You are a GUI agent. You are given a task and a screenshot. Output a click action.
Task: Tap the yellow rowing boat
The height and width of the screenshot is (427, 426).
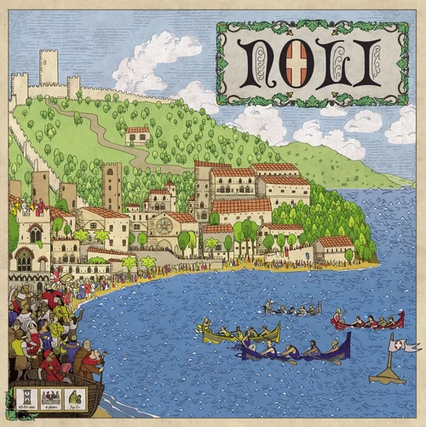tap(239, 336)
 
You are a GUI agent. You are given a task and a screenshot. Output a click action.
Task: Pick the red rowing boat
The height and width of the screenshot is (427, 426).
tap(366, 323)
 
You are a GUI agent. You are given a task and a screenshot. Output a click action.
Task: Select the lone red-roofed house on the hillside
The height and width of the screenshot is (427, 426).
tap(137, 136)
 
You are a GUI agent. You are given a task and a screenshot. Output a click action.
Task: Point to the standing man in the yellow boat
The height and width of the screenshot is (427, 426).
tap(205, 326)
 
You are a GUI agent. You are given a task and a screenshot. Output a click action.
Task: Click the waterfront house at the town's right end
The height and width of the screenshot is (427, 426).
tap(333, 248)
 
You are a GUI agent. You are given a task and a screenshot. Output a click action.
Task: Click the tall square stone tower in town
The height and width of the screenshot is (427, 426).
tap(112, 187)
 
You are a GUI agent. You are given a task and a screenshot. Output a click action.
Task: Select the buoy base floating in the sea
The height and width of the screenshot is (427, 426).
tap(388, 376)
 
